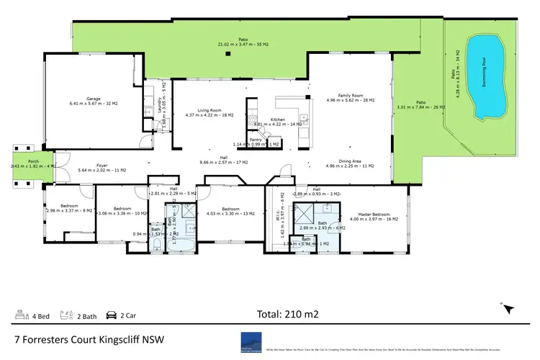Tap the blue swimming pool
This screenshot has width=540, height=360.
tap(489, 78)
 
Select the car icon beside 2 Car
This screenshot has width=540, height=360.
tap(112, 315)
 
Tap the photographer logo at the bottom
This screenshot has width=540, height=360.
tap(251, 341)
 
